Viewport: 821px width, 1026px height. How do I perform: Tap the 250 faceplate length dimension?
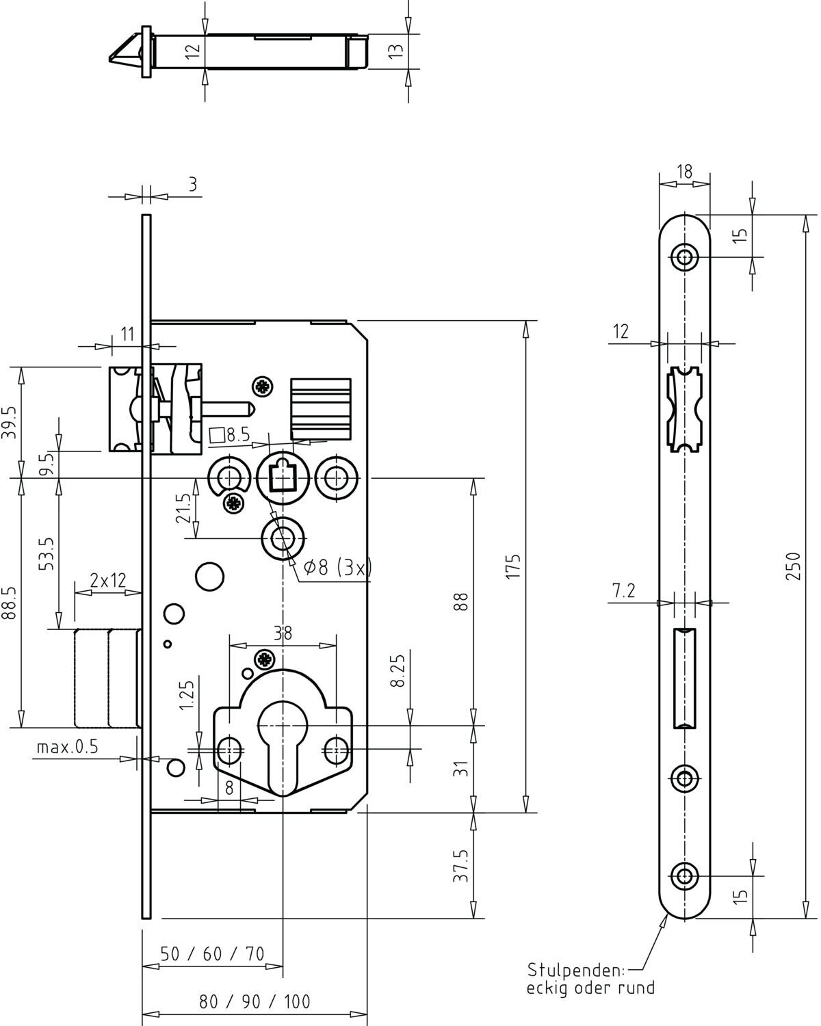[792, 566]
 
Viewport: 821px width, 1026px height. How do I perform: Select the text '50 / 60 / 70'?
[212, 953]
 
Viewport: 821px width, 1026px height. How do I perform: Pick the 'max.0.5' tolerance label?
[67, 747]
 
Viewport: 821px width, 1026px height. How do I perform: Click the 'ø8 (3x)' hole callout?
[337, 567]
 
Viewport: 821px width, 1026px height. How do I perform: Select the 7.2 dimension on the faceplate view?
[624, 591]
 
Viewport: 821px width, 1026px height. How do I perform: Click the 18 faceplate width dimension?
[685, 172]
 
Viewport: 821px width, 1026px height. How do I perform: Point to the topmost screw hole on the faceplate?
[685, 257]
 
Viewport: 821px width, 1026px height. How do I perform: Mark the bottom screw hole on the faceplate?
[685, 876]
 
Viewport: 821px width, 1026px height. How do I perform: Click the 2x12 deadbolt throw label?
[108, 580]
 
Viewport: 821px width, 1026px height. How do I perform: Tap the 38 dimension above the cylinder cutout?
[283, 633]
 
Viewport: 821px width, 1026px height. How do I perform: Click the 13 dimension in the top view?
[395, 51]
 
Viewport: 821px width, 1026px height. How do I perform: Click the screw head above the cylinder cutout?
[265, 660]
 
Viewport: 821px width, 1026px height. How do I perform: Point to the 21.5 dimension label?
[183, 508]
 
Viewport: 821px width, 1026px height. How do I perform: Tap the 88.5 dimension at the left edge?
[9, 603]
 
